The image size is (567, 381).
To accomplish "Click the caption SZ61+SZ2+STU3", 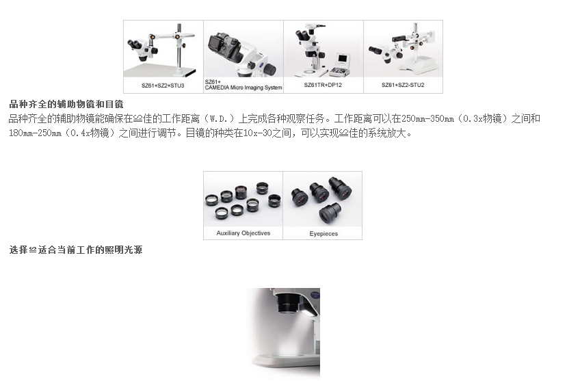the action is coord(163,86).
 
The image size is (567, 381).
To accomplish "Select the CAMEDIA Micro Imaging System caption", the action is coord(243,88).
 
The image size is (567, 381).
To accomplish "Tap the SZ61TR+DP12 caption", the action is coord(323,85).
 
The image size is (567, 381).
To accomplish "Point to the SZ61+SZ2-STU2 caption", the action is coord(403,85).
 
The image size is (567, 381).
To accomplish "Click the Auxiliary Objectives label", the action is coord(243,233).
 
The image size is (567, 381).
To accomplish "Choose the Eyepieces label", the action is coord(324,234).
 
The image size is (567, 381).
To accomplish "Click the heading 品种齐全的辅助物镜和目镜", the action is coord(66,105).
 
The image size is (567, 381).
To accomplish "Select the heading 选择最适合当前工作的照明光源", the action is coord(76,250).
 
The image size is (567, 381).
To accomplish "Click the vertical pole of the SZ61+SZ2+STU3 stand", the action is coord(179,49).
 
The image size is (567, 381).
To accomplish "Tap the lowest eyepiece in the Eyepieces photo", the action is coord(330,213).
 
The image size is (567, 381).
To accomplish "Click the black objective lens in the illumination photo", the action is coord(287,302).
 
